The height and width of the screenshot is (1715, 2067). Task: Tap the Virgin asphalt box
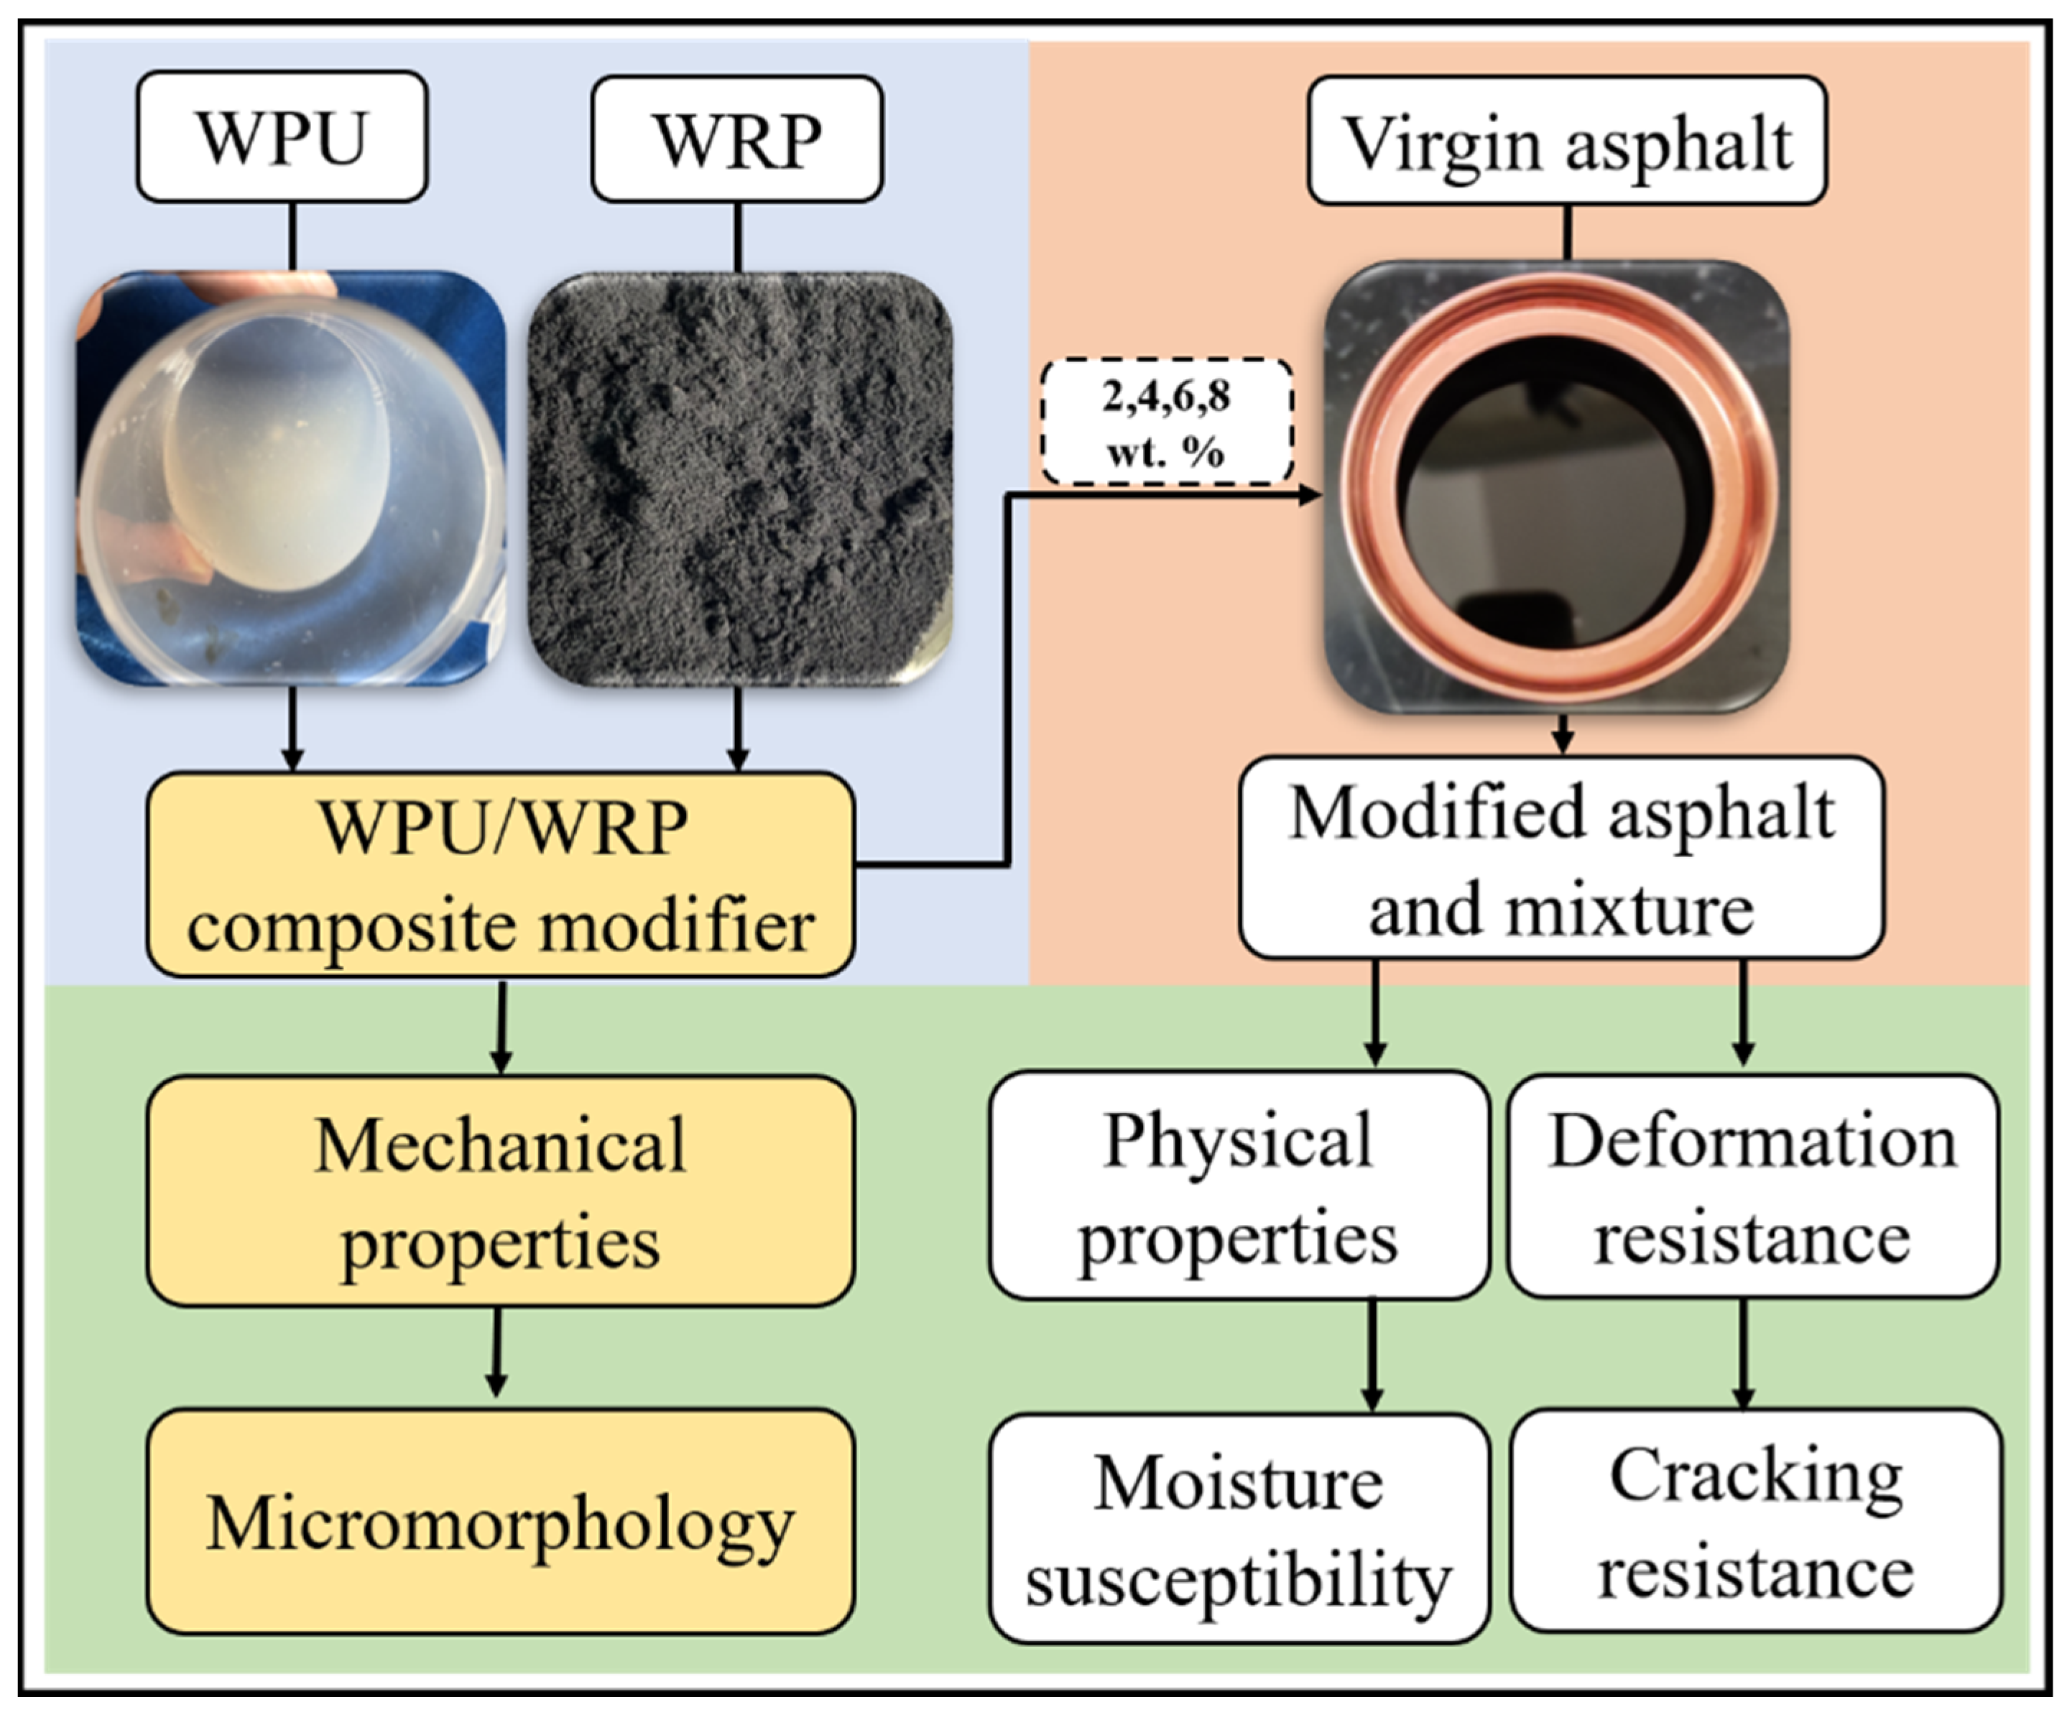(x=1566, y=142)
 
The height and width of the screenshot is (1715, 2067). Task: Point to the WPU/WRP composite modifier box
(x=500, y=874)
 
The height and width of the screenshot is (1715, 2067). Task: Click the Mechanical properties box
(x=500, y=1191)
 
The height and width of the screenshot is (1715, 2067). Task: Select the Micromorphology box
(x=500, y=1522)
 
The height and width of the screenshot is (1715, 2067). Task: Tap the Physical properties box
(x=1238, y=1186)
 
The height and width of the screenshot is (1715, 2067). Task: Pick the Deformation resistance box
(x=1753, y=1186)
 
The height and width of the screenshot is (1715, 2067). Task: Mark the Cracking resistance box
(x=1756, y=1522)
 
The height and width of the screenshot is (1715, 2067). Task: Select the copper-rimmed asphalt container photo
(x=1556, y=486)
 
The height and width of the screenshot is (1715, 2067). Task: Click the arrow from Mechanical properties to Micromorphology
(x=497, y=1354)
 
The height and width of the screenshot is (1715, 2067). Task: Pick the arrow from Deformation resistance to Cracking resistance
(x=1743, y=1354)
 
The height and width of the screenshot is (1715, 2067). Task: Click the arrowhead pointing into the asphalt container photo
(x=1309, y=495)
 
